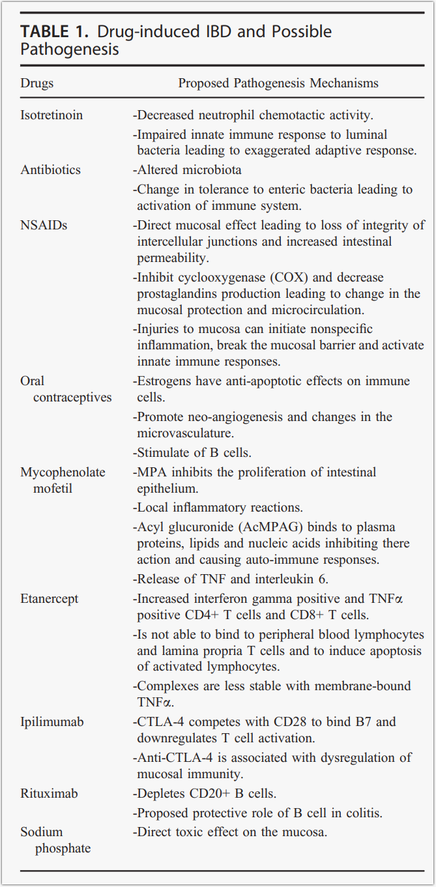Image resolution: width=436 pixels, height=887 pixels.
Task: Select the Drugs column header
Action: click(x=37, y=83)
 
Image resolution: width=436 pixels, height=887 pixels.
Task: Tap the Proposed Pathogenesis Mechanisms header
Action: click(x=278, y=83)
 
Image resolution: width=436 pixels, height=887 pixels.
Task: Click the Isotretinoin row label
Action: click(x=51, y=115)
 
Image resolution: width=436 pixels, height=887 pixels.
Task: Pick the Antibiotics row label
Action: click(x=51, y=170)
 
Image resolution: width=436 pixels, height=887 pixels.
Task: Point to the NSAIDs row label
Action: click(x=44, y=225)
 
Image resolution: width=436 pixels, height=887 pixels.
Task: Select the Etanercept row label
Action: click(x=48, y=598)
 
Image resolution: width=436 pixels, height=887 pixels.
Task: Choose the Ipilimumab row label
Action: click(x=52, y=722)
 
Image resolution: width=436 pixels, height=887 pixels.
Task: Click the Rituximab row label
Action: click(x=49, y=794)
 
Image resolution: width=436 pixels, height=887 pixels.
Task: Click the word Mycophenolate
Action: click(x=63, y=472)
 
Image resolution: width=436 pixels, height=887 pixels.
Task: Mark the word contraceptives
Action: click(x=72, y=398)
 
